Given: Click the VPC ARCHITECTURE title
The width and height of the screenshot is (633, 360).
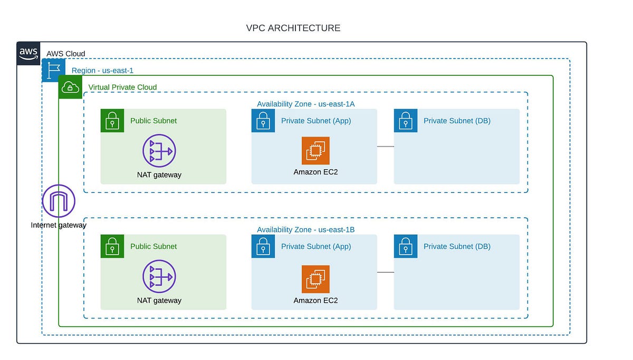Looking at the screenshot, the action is pos(293,28).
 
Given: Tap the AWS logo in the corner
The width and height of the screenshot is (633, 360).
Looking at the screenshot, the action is pos(28,54).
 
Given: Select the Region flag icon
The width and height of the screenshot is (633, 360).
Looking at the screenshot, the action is pos(53,70).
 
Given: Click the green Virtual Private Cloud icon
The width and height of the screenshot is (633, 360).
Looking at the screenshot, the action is pos(70,87).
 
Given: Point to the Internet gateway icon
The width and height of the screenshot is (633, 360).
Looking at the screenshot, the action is pos(59,201).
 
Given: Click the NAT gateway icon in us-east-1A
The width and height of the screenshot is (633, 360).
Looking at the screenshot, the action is pos(159,151).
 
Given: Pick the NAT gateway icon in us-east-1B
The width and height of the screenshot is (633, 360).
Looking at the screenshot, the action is pos(159,276).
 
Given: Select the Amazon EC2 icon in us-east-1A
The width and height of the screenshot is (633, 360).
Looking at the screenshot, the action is pos(315,151).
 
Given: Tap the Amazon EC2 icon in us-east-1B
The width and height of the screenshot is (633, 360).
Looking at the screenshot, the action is pos(315,279).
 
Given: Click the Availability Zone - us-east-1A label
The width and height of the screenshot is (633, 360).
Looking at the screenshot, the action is pos(305,104).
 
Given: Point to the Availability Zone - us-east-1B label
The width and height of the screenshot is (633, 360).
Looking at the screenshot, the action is pos(305,230).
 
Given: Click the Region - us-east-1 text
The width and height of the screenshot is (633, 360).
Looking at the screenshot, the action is pos(102,70).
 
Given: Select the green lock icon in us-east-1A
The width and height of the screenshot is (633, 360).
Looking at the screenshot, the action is pos(112,121).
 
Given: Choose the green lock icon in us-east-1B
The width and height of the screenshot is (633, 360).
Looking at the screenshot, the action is pos(112,246).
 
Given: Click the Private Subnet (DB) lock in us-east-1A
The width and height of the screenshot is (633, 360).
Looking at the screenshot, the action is pos(406,121).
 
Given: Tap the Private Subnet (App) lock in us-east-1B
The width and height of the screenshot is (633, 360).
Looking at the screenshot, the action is pos(263,246).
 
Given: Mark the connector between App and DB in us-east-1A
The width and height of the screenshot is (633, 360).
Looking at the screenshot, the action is pos(386,147).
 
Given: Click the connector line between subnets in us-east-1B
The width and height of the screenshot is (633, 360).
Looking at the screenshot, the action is pos(386,272).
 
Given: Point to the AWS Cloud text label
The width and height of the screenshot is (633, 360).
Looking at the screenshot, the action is pos(65,54).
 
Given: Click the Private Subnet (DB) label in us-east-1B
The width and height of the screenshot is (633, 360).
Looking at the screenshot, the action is pos(457,246).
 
